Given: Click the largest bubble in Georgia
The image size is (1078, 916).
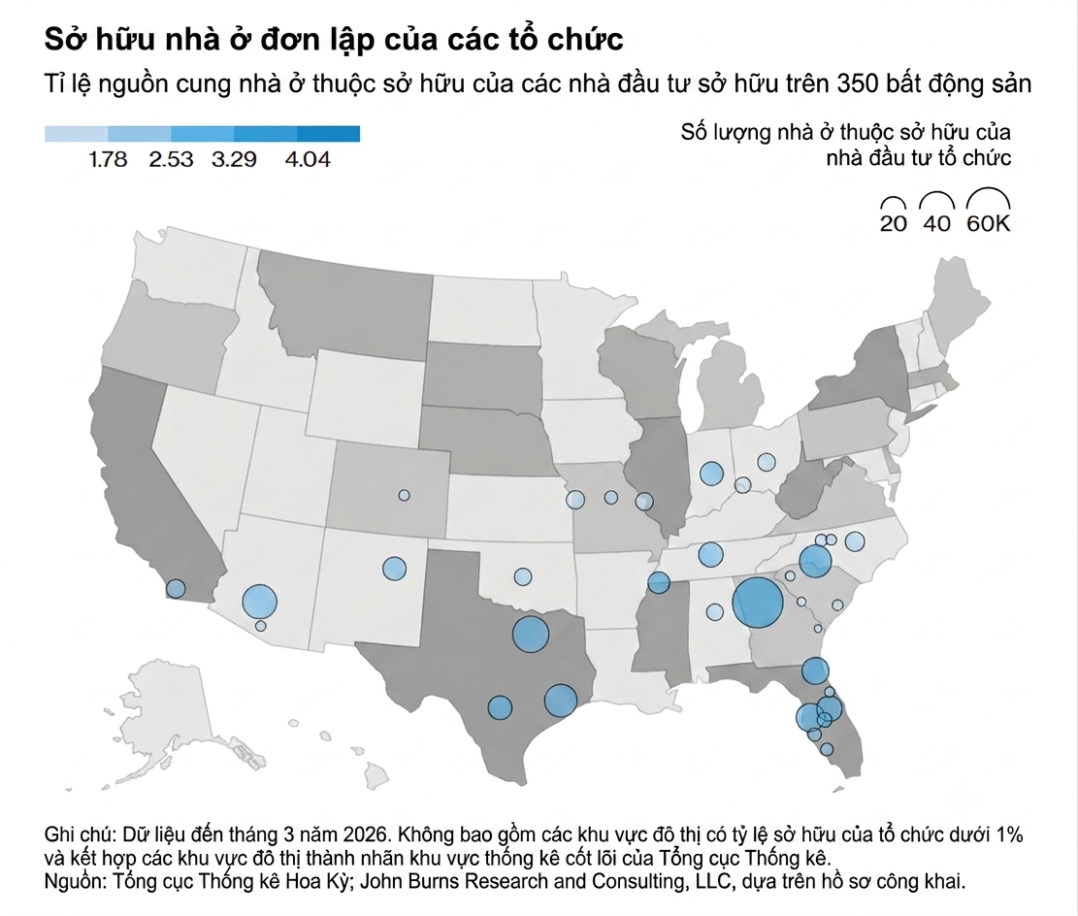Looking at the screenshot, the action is (x=757, y=603).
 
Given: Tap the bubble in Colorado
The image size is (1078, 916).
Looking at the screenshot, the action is (x=405, y=495).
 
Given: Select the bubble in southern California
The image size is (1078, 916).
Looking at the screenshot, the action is (x=176, y=589).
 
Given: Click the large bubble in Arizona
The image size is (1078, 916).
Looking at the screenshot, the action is (x=260, y=602).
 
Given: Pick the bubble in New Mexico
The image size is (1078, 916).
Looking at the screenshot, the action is (x=394, y=569).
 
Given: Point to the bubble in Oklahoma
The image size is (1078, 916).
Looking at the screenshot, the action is (x=523, y=576).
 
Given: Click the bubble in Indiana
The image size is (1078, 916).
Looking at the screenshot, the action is (x=711, y=474).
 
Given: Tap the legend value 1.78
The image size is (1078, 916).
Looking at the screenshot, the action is (x=108, y=159).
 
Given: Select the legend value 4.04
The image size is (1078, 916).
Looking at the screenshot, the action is (x=308, y=159).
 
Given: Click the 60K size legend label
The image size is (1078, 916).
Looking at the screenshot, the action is (x=989, y=223).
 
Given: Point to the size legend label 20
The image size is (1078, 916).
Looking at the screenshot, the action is (x=893, y=223).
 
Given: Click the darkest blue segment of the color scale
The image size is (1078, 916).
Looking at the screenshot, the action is (x=329, y=133).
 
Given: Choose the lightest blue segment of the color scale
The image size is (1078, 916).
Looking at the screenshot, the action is (x=77, y=133).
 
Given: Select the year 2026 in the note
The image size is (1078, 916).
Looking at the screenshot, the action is (x=370, y=834).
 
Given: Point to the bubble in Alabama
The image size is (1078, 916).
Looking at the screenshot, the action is (x=715, y=612).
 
